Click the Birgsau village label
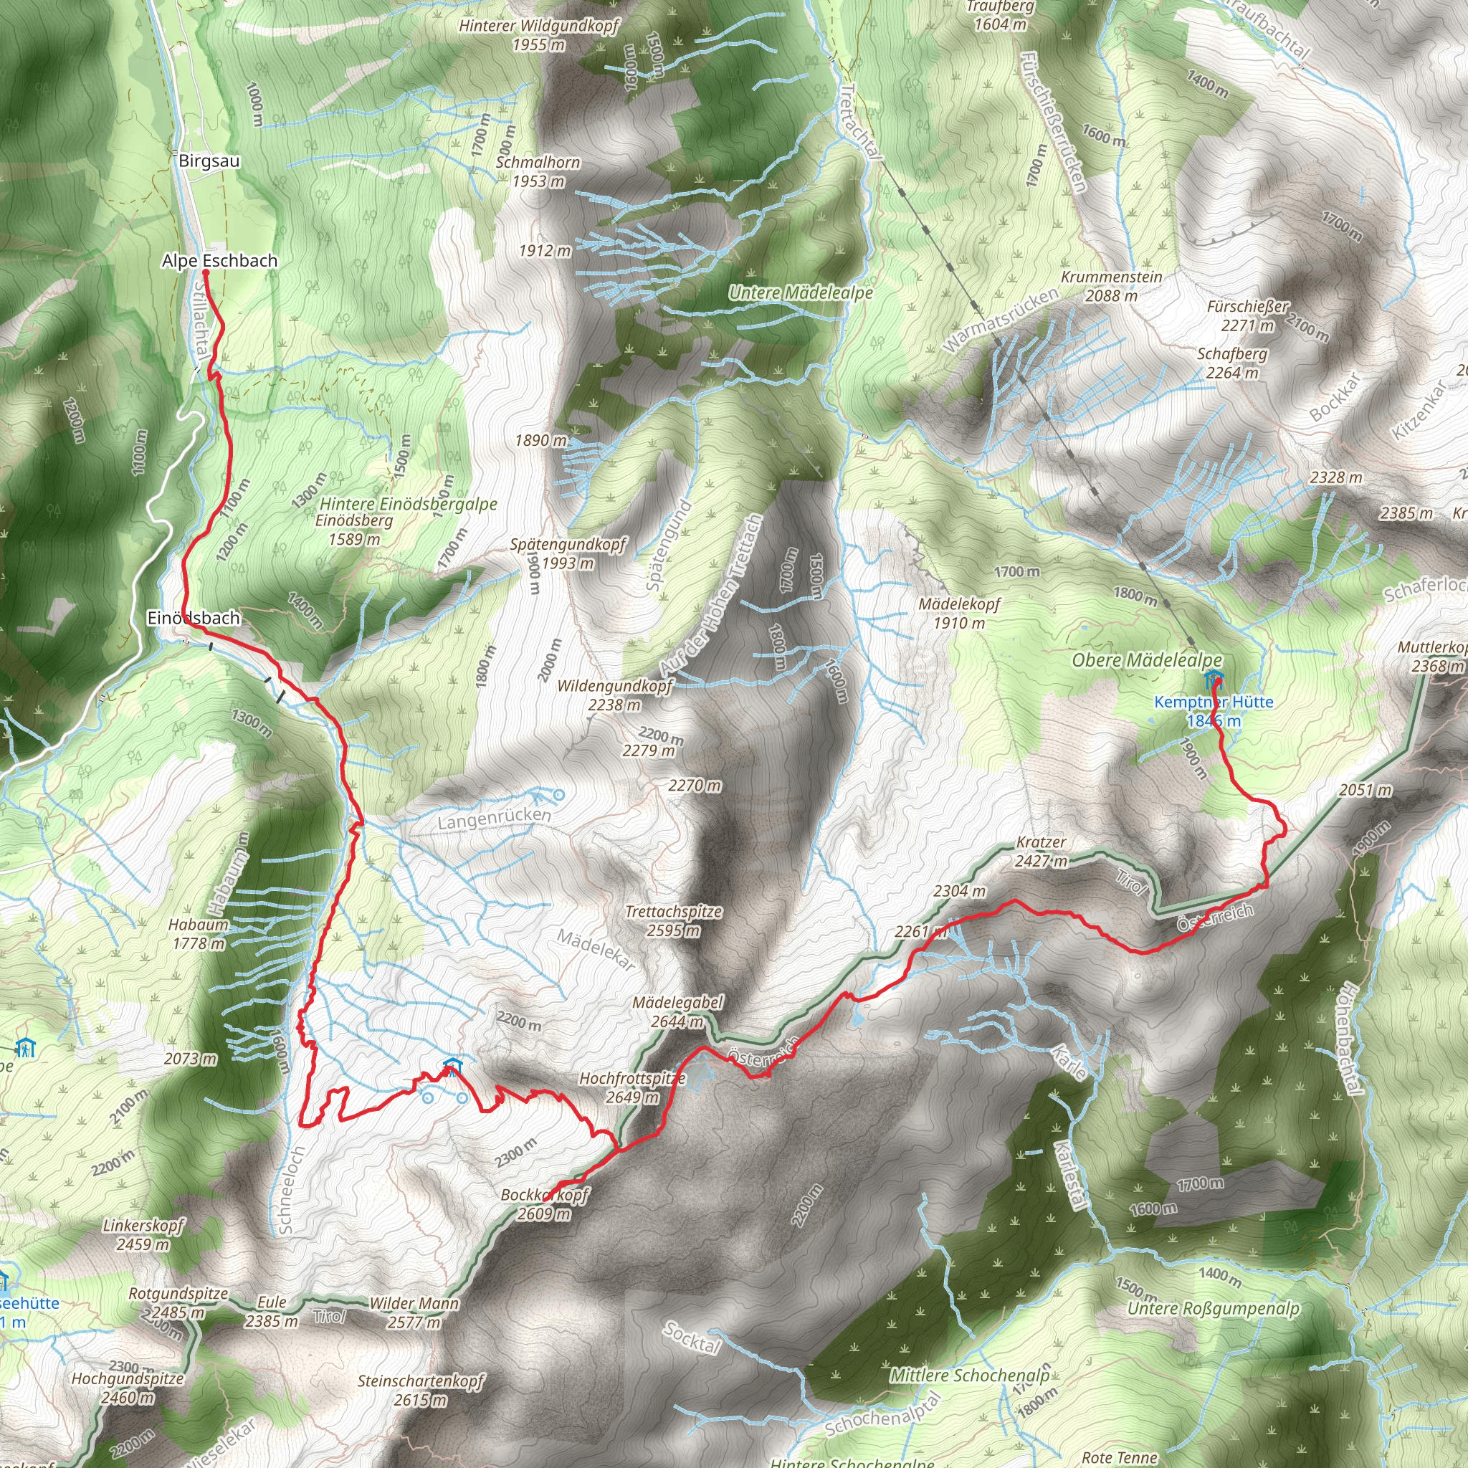pyautogui.click(x=209, y=161)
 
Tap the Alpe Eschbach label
pyautogui.click(x=219, y=261)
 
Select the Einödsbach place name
pyautogui.click(x=194, y=618)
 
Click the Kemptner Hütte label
pyautogui.click(x=1214, y=702)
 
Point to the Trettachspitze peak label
pyautogui.click(x=673, y=911)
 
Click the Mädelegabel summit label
pyautogui.click(x=678, y=1003)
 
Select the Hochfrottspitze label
pyautogui.click(x=632, y=1078)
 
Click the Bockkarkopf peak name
pyautogui.click(x=545, y=1195)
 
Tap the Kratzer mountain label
pyautogui.click(x=1041, y=842)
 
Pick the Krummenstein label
pyautogui.click(x=1112, y=277)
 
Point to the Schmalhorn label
pyautogui.click(x=538, y=163)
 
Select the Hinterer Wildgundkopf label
pyautogui.click(x=539, y=26)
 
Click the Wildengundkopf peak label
pyautogui.click(x=615, y=686)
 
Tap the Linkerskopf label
pyautogui.click(x=143, y=1226)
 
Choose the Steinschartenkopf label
pyautogui.click(x=420, y=1381)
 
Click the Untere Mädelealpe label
pyautogui.click(x=801, y=292)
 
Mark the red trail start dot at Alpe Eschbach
pyautogui.click(x=205, y=271)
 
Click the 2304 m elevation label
pyautogui.click(x=960, y=890)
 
